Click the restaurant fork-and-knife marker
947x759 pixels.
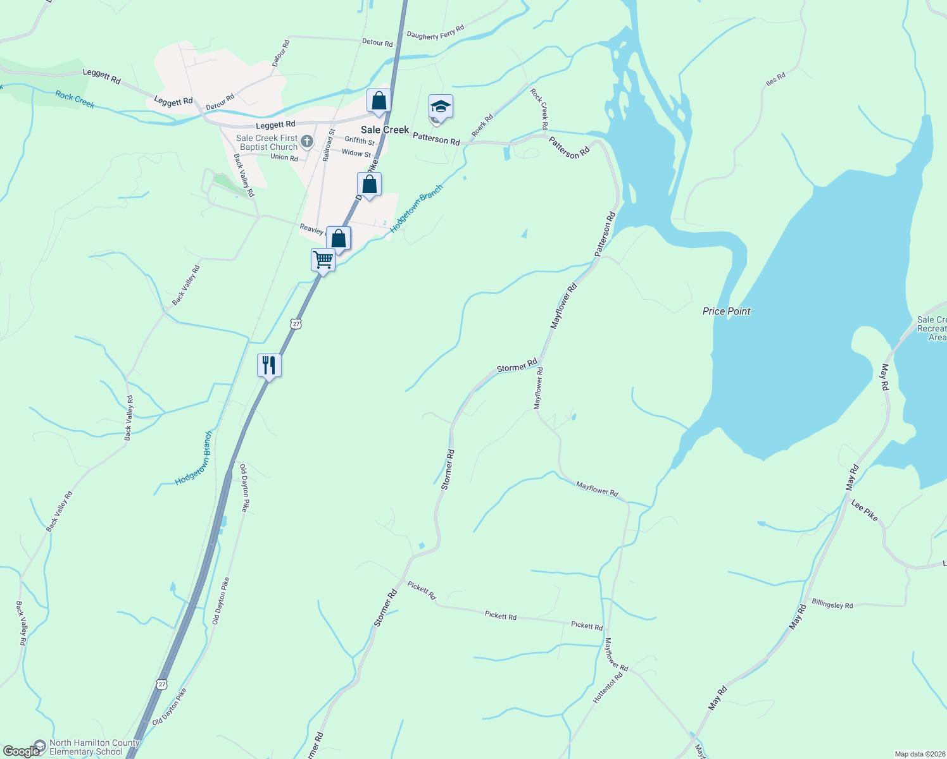point(269,365)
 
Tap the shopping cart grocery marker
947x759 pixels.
point(323,259)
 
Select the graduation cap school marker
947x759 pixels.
point(441,106)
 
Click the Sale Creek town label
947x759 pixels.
point(385,130)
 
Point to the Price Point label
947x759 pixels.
point(726,311)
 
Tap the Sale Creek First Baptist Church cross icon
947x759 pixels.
point(307,141)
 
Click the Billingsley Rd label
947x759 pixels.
point(832,605)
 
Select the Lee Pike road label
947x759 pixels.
point(865,510)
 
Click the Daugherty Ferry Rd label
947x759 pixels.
point(436,32)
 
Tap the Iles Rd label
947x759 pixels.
point(775,79)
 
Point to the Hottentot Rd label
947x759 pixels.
point(608,688)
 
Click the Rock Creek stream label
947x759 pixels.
point(75,99)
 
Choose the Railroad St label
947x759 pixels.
point(328,145)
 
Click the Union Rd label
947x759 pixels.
point(284,157)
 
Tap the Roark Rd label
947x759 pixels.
point(482,125)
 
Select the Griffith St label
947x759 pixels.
point(360,140)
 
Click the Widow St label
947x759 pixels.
point(356,153)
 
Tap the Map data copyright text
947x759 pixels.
point(919,754)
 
